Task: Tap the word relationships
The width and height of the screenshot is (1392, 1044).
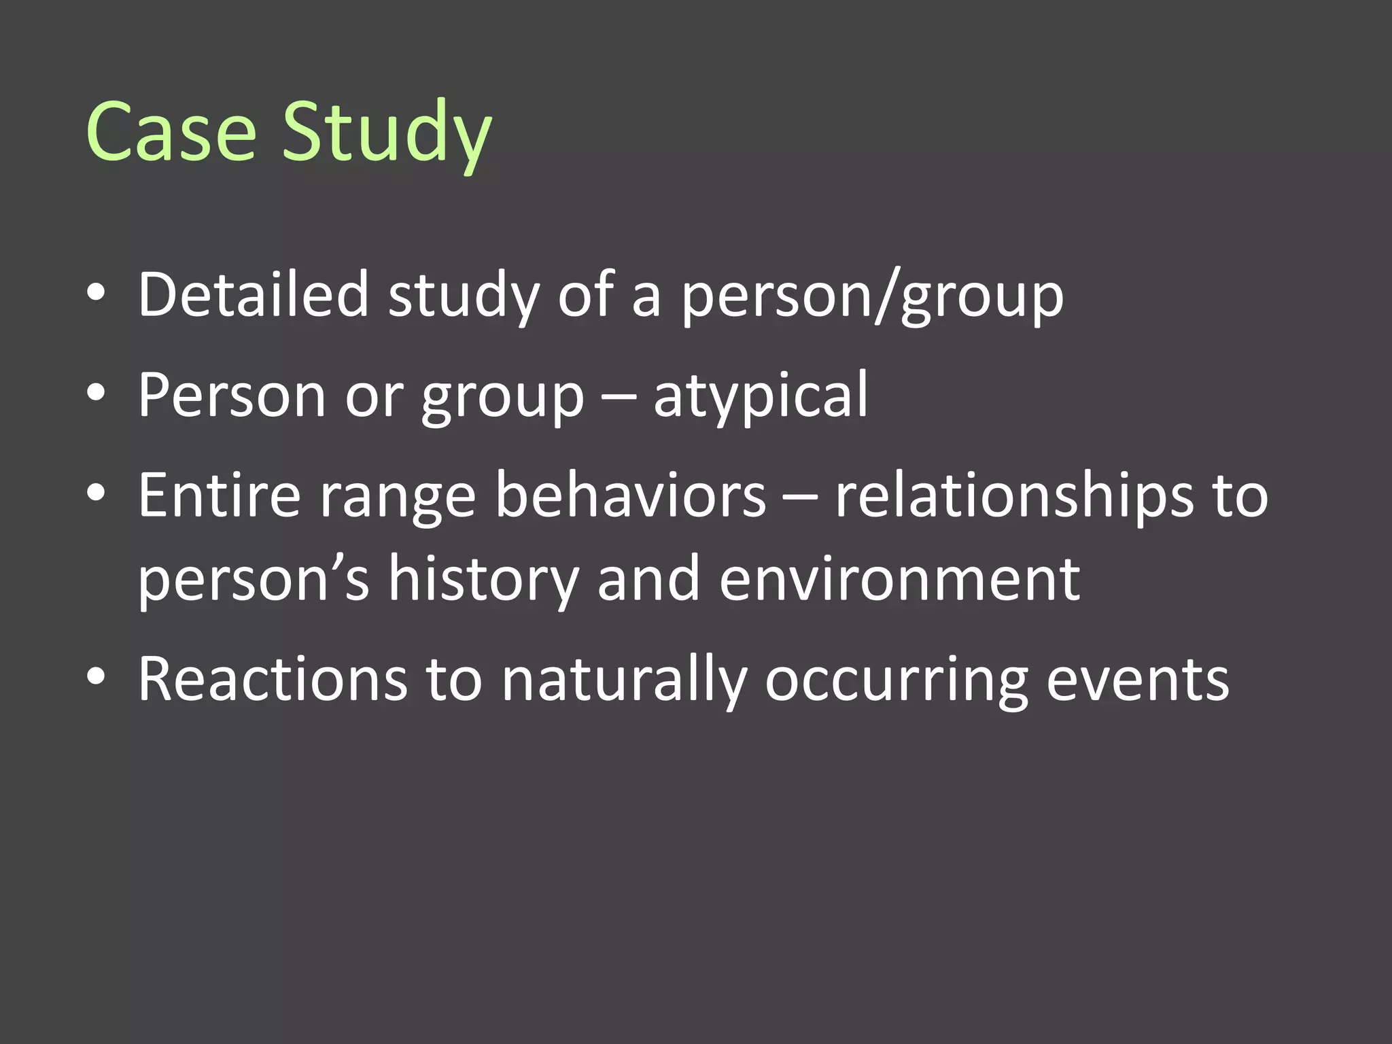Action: pos(1013,496)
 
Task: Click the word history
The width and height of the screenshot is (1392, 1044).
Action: pos(483,580)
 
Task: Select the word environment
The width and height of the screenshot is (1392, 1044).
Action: pos(899,578)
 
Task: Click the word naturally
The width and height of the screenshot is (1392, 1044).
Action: pos(624,680)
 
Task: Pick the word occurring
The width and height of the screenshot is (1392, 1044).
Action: pos(896,680)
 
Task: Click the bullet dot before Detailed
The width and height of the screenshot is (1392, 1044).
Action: pos(97,293)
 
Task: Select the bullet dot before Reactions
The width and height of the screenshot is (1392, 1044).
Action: pos(97,677)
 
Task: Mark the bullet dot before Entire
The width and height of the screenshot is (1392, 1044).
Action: pos(97,493)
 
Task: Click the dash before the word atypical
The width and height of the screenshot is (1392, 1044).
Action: pos(619,397)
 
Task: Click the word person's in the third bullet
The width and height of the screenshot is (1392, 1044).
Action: pos(254,580)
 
